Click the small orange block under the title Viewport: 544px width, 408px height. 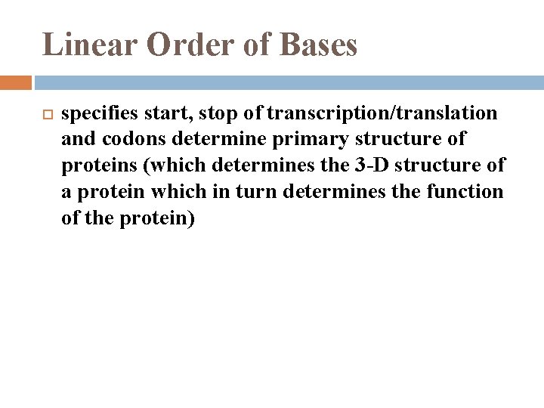point(16,82)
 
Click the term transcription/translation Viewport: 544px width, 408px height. point(382,113)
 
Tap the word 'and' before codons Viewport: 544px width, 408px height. point(77,140)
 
